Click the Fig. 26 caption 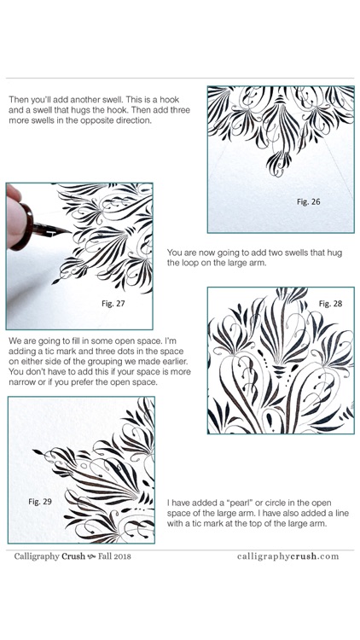(x=308, y=201)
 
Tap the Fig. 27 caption (x=113, y=303)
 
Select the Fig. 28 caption (x=330, y=304)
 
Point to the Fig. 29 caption (x=40, y=502)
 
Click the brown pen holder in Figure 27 (x=24, y=227)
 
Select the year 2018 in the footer (x=123, y=556)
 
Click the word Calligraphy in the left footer (x=37, y=556)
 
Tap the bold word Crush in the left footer (x=73, y=556)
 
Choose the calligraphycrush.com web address (x=287, y=556)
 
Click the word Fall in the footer (x=105, y=556)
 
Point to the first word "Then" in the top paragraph (x=17, y=100)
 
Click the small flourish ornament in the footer (x=91, y=556)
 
